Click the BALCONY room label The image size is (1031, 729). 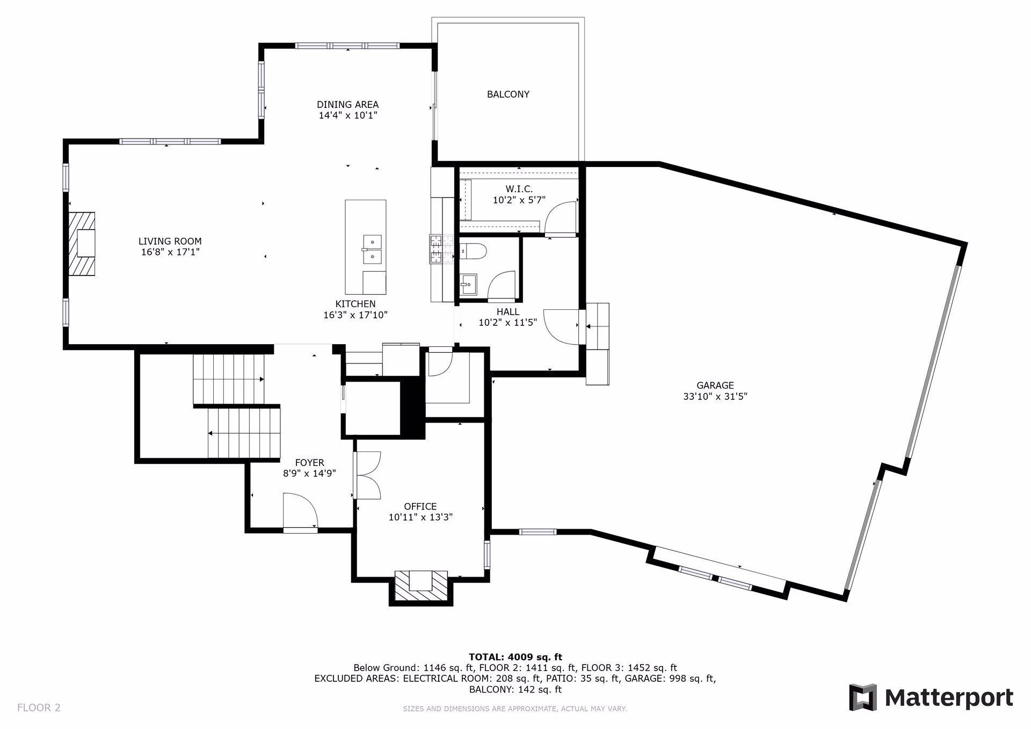coord(508,94)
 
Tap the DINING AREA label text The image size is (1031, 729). coord(347,105)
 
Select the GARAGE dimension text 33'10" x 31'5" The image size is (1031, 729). coord(715,397)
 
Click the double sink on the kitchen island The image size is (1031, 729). coord(372,250)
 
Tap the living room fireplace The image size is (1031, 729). coord(81,244)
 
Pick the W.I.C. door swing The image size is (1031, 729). coord(560,218)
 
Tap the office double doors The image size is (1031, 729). coord(367,475)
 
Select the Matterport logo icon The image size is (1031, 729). coord(863,697)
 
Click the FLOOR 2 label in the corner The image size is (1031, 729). coord(39,708)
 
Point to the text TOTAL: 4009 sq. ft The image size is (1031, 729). coord(515,657)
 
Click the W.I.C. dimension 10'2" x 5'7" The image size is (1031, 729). coord(519,200)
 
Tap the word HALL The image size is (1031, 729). coord(507,312)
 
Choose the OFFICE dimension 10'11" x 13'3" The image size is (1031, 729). coord(420,517)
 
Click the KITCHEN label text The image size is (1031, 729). coord(355,304)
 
